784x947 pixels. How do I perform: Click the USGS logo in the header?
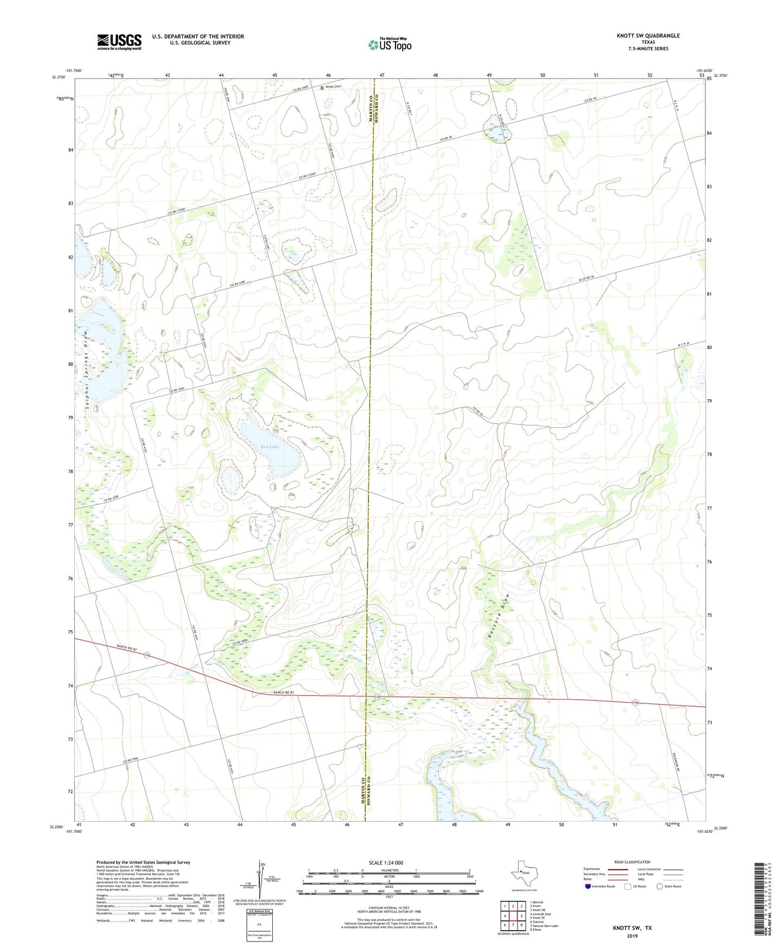(x=119, y=42)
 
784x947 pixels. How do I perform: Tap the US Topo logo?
(x=390, y=44)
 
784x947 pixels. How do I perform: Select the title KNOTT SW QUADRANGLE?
(x=648, y=36)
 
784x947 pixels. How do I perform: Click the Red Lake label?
(x=270, y=446)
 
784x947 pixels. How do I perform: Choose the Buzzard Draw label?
(x=494, y=618)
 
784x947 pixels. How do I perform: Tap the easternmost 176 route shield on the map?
(x=635, y=703)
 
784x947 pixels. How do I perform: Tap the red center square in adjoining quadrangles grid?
(x=513, y=916)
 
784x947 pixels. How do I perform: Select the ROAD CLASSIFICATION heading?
(x=632, y=862)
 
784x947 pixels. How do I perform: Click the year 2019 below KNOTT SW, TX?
(x=632, y=936)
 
